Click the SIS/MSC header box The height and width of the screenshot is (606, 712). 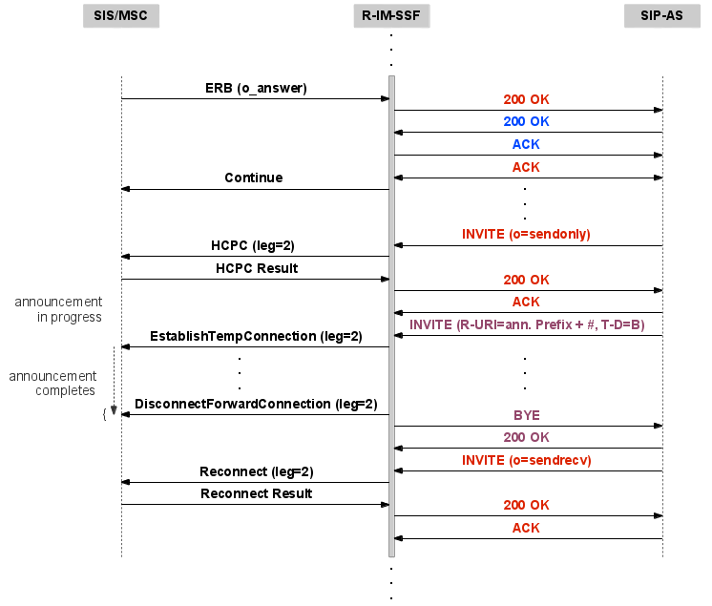click(x=121, y=16)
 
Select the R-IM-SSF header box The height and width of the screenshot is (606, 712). click(x=391, y=16)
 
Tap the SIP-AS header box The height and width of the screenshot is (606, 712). click(x=661, y=16)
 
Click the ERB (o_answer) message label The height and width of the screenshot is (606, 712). click(x=256, y=88)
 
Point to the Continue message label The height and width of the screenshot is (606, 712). click(x=253, y=178)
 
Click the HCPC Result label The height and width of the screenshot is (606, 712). click(x=254, y=268)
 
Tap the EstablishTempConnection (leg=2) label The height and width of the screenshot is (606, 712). click(x=256, y=336)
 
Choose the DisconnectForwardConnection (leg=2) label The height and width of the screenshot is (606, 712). click(x=256, y=404)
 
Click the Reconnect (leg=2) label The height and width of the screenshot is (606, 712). click(x=256, y=471)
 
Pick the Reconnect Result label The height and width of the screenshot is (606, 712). click(x=256, y=493)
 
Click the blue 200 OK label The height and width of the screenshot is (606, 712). click(x=526, y=121)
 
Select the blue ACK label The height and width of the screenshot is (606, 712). click(x=526, y=144)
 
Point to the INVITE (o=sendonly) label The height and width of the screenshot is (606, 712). click(x=526, y=234)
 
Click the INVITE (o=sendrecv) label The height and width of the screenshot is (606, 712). click(x=526, y=460)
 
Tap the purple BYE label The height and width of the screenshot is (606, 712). click(x=526, y=415)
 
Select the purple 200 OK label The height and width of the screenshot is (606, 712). click(x=526, y=437)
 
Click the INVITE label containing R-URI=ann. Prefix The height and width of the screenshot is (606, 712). click(x=526, y=324)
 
